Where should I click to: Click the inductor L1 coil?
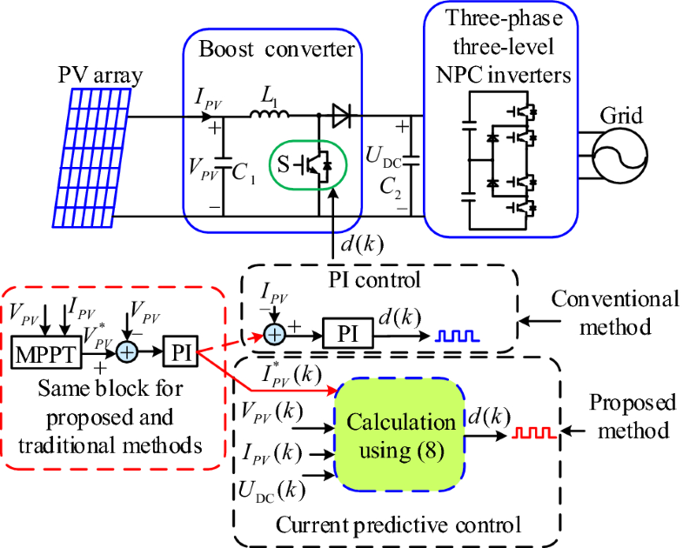(x=267, y=114)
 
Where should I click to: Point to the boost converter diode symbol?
(x=341, y=115)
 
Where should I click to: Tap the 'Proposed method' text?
(x=632, y=417)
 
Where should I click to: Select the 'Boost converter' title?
(x=275, y=49)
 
